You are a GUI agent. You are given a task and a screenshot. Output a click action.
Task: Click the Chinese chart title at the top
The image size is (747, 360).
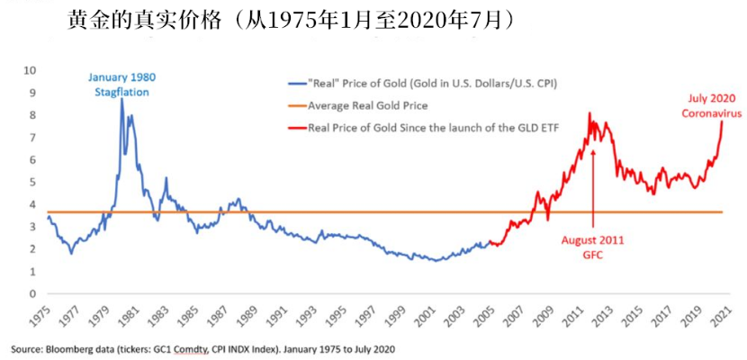(x=292, y=20)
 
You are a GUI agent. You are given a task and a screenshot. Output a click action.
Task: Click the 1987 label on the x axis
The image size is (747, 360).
(x=215, y=315)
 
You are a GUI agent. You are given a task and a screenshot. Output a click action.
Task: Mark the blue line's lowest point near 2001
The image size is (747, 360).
(x=437, y=261)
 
